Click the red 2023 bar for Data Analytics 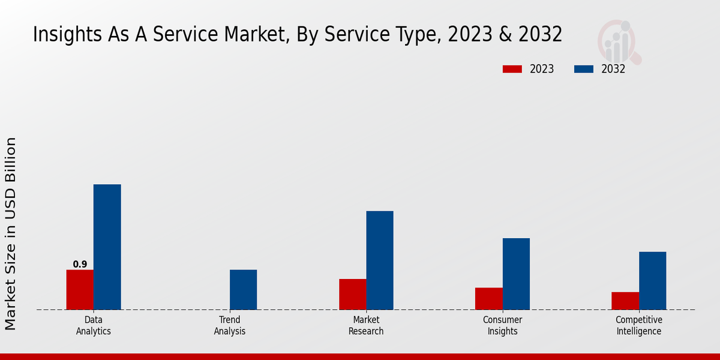[x=80, y=290]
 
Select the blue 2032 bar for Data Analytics [x=107, y=247]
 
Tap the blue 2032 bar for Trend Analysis [x=243, y=290]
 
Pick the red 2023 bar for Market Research [x=352, y=295]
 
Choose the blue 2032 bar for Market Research [x=380, y=260]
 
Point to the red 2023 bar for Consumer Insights [x=488, y=299]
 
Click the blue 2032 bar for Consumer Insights [x=516, y=274]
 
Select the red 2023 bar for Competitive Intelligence [x=625, y=301]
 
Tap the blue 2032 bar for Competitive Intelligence [x=652, y=281]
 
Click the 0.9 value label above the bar [x=80, y=265]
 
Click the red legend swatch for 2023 [x=512, y=69]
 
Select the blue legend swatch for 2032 [x=583, y=69]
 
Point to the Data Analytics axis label [x=94, y=325]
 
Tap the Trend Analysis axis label [x=230, y=325]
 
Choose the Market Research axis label [x=366, y=325]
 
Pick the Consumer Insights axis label [x=502, y=325]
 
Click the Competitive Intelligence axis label [x=639, y=325]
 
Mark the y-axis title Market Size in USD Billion [x=11, y=233]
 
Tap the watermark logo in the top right [x=619, y=42]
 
